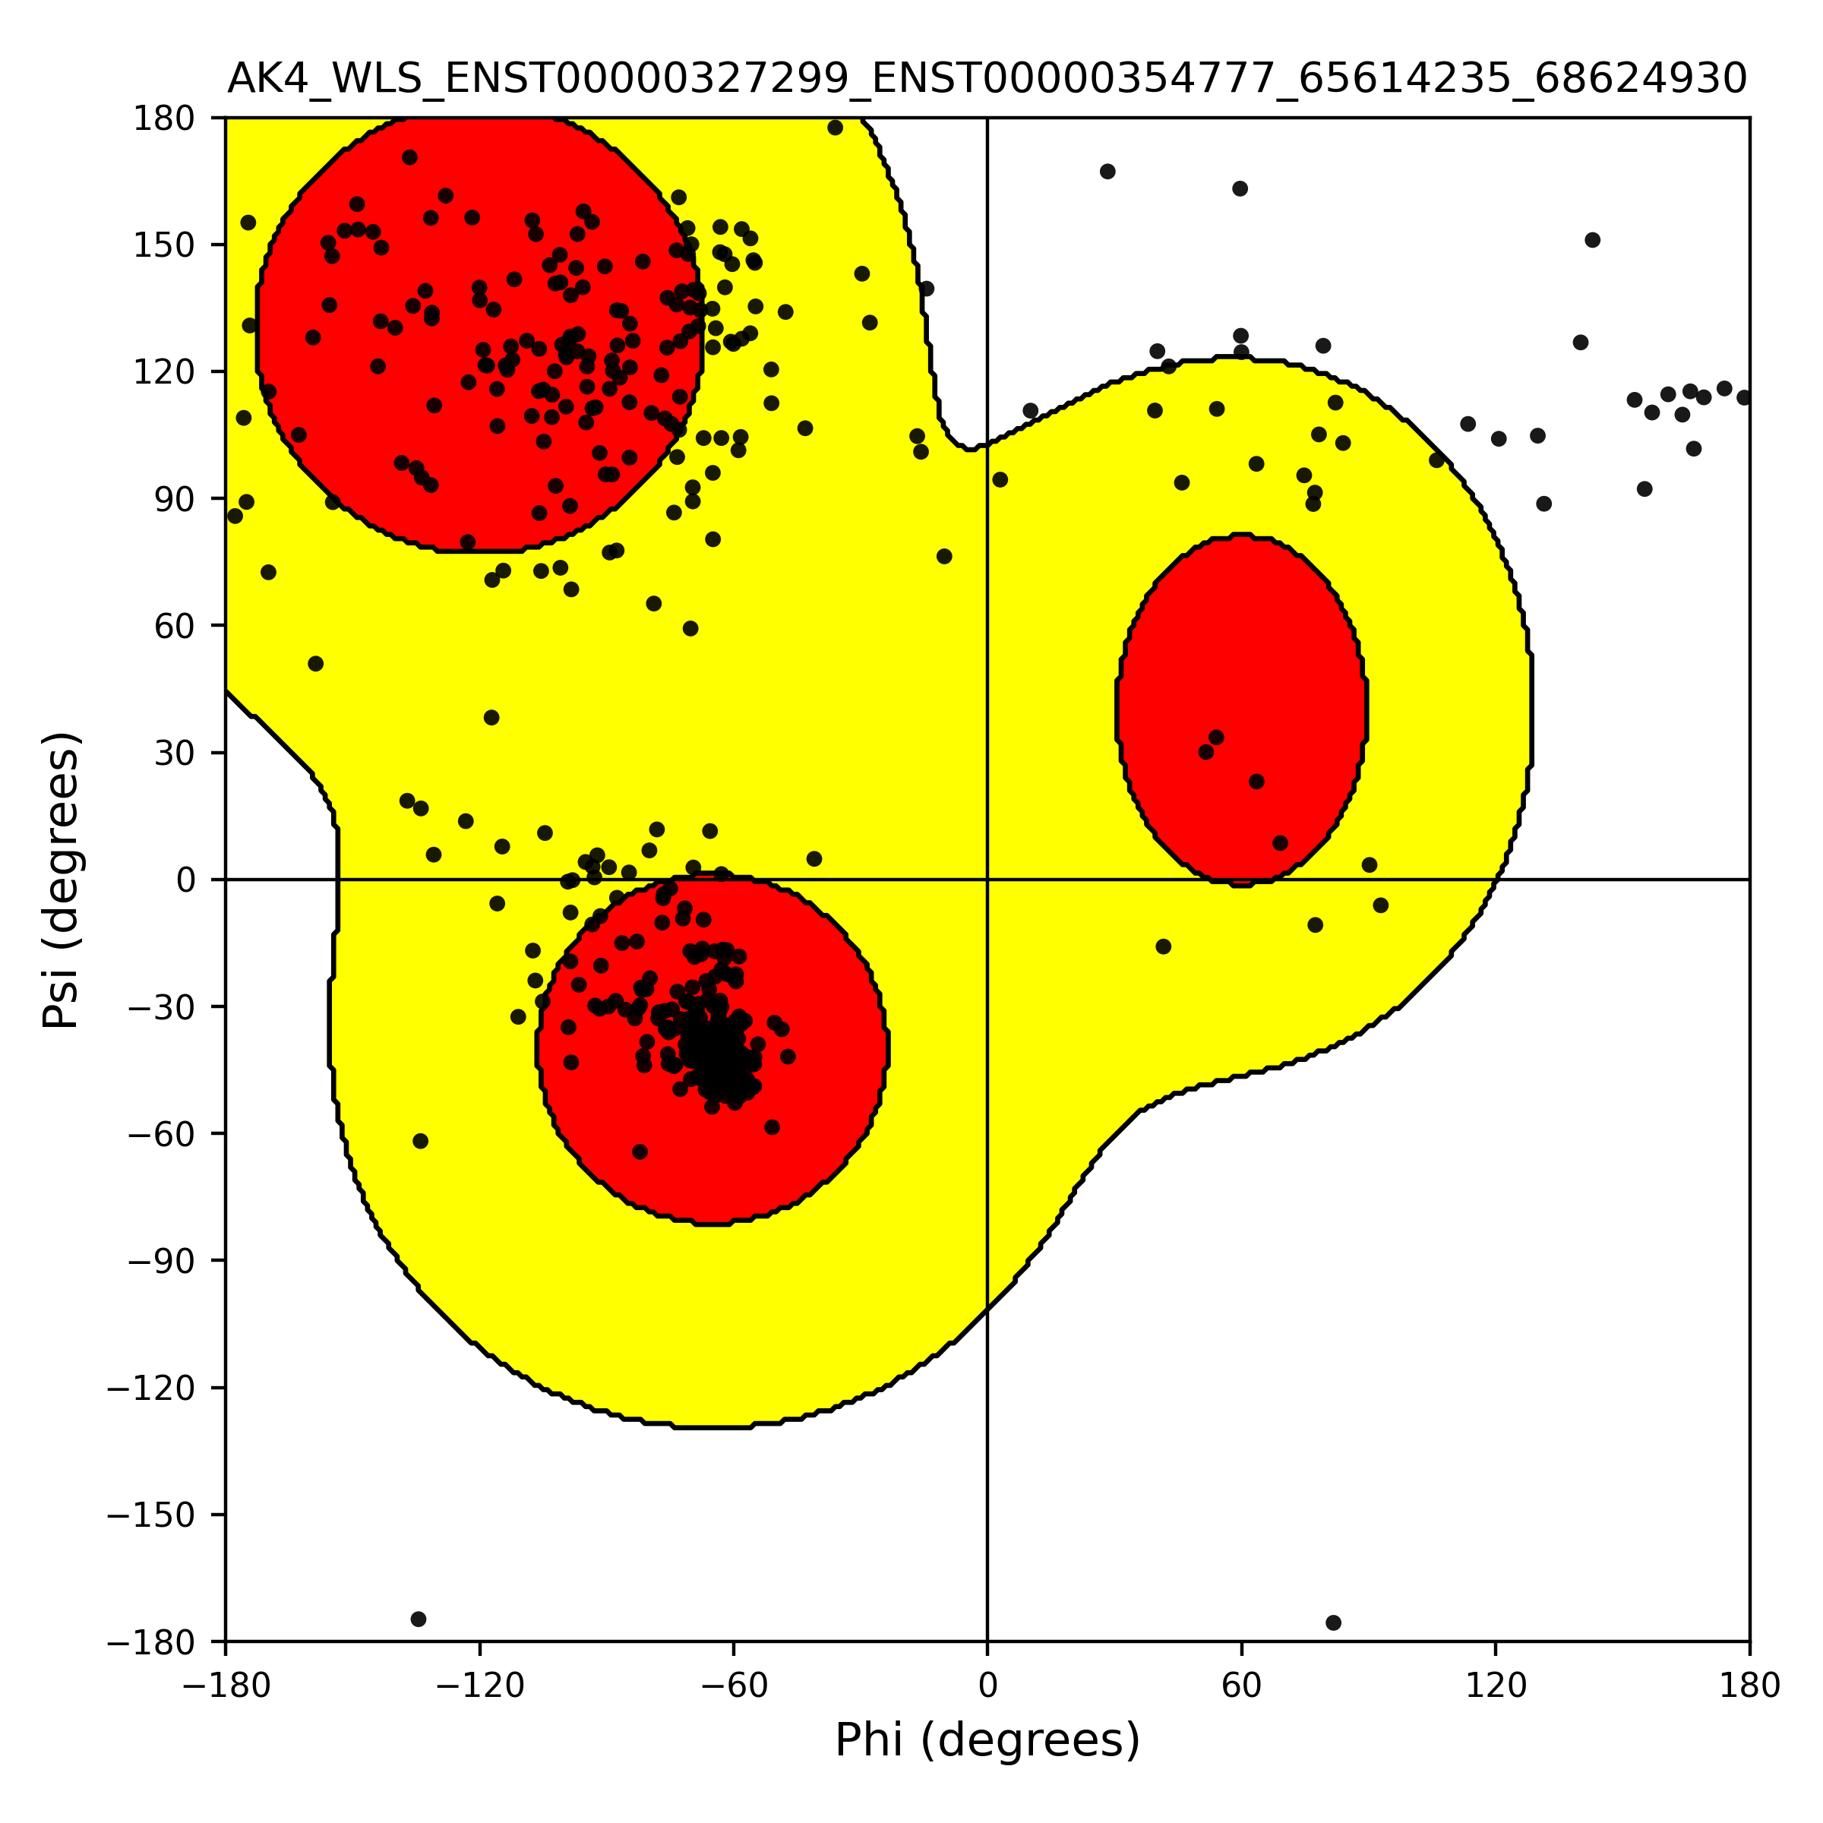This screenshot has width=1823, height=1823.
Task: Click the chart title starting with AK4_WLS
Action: (987, 79)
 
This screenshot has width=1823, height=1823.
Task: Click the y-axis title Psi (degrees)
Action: (62, 880)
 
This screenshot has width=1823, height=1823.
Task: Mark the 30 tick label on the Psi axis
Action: (175, 753)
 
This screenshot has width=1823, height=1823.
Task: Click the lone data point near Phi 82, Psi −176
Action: (1333, 1623)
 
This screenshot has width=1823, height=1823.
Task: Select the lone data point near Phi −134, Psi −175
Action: (419, 1619)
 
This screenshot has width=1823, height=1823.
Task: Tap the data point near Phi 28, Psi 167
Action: (1107, 172)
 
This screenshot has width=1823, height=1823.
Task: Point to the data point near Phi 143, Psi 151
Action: (1593, 241)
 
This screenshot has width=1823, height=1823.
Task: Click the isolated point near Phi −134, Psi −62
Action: (421, 1141)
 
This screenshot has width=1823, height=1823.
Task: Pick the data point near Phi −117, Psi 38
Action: (491, 718)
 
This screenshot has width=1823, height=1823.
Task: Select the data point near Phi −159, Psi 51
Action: (316, 665)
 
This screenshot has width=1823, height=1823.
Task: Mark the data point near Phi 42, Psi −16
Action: (1164, 946)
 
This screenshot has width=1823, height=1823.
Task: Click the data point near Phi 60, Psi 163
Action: (1241, 188)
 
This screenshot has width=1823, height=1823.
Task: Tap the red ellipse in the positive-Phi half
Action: (1242, 709)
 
